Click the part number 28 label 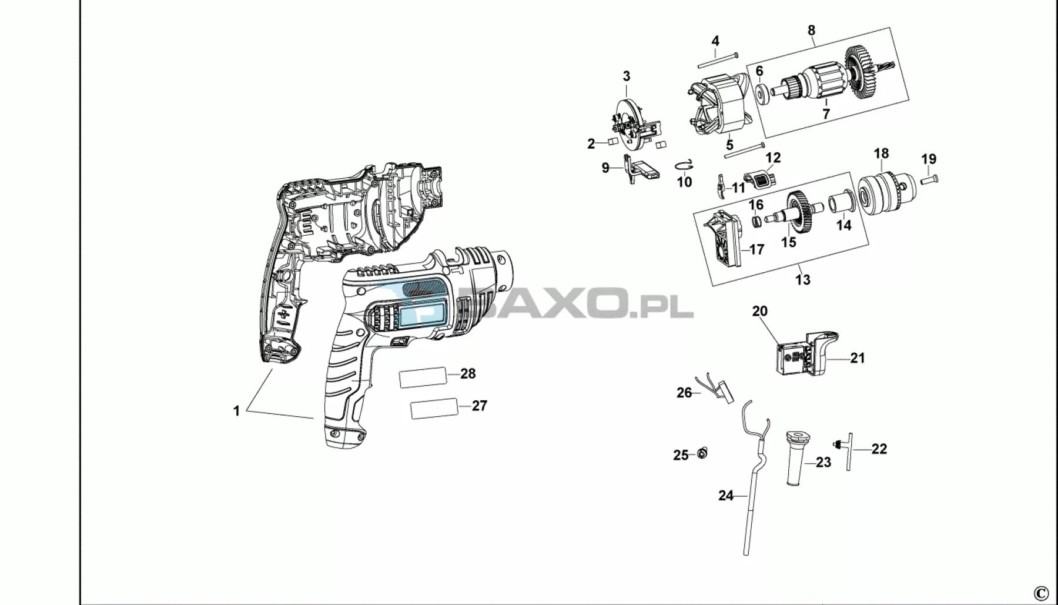click(468, 373)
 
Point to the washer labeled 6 click(761, 92)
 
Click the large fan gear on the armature click(862, 76)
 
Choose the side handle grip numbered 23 click(797, 458)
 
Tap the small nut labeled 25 click(702, 453)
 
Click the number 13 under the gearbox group click(803, 279)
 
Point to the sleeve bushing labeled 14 click(842, 206)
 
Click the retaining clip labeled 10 click(685, 166)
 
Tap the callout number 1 click(237, 411)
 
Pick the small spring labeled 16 click(756, 222)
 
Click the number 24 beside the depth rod click(726, 496)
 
